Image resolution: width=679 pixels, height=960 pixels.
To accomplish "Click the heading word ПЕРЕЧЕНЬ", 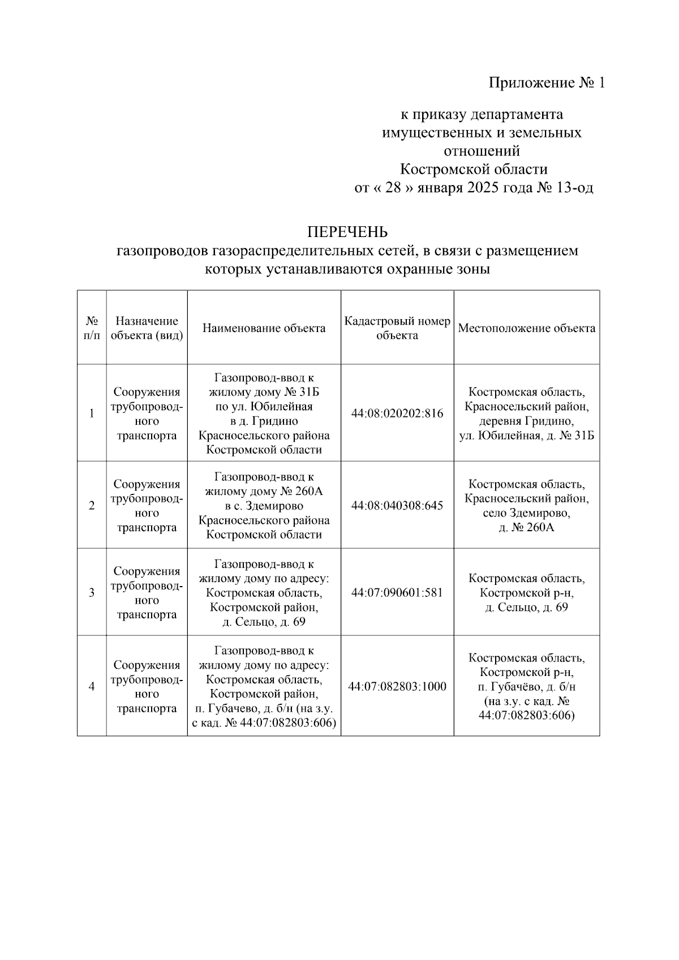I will [347, 232].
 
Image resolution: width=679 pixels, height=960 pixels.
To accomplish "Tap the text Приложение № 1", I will [547, 83].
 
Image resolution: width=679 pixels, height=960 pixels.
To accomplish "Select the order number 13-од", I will [575, 188].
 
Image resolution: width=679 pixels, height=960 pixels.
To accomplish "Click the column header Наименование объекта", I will [264, 328].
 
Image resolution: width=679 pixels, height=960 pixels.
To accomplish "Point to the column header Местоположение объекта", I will [526, 328].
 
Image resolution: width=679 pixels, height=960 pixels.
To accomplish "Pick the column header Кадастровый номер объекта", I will [397, 328].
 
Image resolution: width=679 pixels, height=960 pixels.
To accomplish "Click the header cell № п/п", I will [92, 328].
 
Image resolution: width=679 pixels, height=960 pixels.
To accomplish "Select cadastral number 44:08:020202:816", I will [397, 414].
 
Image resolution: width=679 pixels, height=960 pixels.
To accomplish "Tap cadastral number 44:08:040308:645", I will [397, 505].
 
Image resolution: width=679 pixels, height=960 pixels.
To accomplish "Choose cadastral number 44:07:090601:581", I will [397, 593].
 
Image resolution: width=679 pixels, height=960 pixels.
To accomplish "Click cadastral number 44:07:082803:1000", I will [397, 686].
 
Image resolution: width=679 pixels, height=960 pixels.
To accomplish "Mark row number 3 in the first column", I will [92, 593].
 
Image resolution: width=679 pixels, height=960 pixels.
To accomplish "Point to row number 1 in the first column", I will [92, 414].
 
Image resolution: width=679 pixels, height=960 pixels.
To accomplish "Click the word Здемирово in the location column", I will [542, 514].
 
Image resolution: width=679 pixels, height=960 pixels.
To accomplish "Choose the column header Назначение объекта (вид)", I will [147, 328].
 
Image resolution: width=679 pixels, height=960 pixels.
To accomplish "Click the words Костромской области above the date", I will [474, 169].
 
